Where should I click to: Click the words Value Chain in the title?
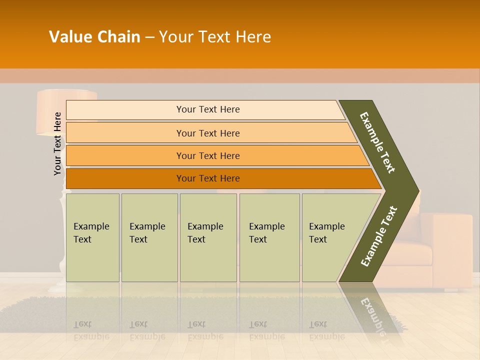[x=94, y=37]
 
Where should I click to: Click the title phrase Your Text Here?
[x=215, y=37]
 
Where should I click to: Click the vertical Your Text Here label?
[x=58, y=143]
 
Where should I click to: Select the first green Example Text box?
[x=92, y=237]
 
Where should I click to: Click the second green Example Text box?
[x=149, y=237]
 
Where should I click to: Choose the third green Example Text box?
[x=208, y=237]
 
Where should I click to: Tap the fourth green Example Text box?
[x=269, y=237]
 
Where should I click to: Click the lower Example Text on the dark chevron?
[x=378, y=236]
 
